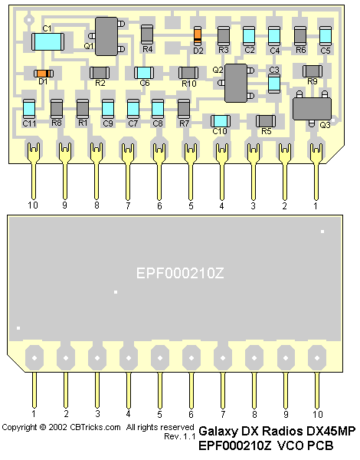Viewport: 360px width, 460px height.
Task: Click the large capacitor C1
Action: click(47, 41)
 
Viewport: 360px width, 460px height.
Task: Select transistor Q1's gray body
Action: click(106, 36)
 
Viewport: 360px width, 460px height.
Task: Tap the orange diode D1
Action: click(44, 73)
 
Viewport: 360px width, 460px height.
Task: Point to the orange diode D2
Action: click(198, 35)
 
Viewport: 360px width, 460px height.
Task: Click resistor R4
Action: click(147, 34)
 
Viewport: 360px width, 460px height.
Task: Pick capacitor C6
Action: click(144, 73)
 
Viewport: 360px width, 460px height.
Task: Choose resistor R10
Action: click(188, 73)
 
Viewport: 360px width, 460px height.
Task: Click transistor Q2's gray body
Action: click(236, 83)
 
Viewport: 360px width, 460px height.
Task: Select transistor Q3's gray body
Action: click(312, 109)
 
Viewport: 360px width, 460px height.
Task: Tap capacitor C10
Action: click(221, 121)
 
